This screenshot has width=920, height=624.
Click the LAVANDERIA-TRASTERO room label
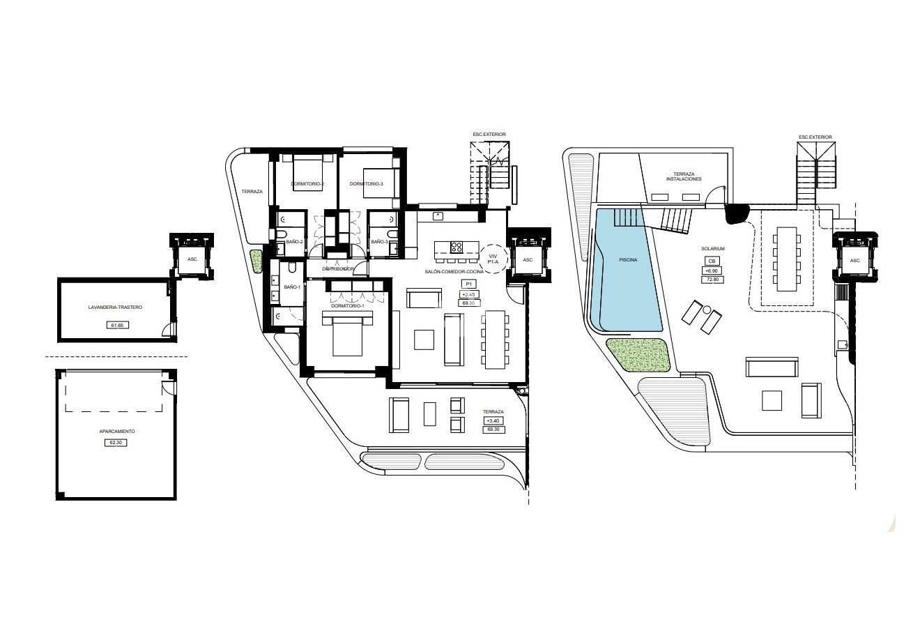[x=116, y=307]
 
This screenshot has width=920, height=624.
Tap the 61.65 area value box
[x=116, y=325]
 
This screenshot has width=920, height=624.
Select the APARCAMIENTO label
[x=116, y=432]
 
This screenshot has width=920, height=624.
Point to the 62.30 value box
[x=116, y=442]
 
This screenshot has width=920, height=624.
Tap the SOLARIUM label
[x=712, y=248]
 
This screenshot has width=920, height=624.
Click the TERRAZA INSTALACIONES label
[x=683, y=176]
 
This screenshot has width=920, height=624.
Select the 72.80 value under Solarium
[x=712, y=279]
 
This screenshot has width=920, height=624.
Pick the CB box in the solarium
[x=712, y=261]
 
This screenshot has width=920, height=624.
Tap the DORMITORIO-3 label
[x=367, y=184]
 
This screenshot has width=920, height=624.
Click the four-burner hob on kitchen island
[x=457, y=247]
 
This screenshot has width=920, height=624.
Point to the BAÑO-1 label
[x=292, y=287]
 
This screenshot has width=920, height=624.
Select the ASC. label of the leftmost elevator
[x=192, y=259]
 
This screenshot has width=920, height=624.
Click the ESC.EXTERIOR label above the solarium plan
[x=815, y=137]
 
